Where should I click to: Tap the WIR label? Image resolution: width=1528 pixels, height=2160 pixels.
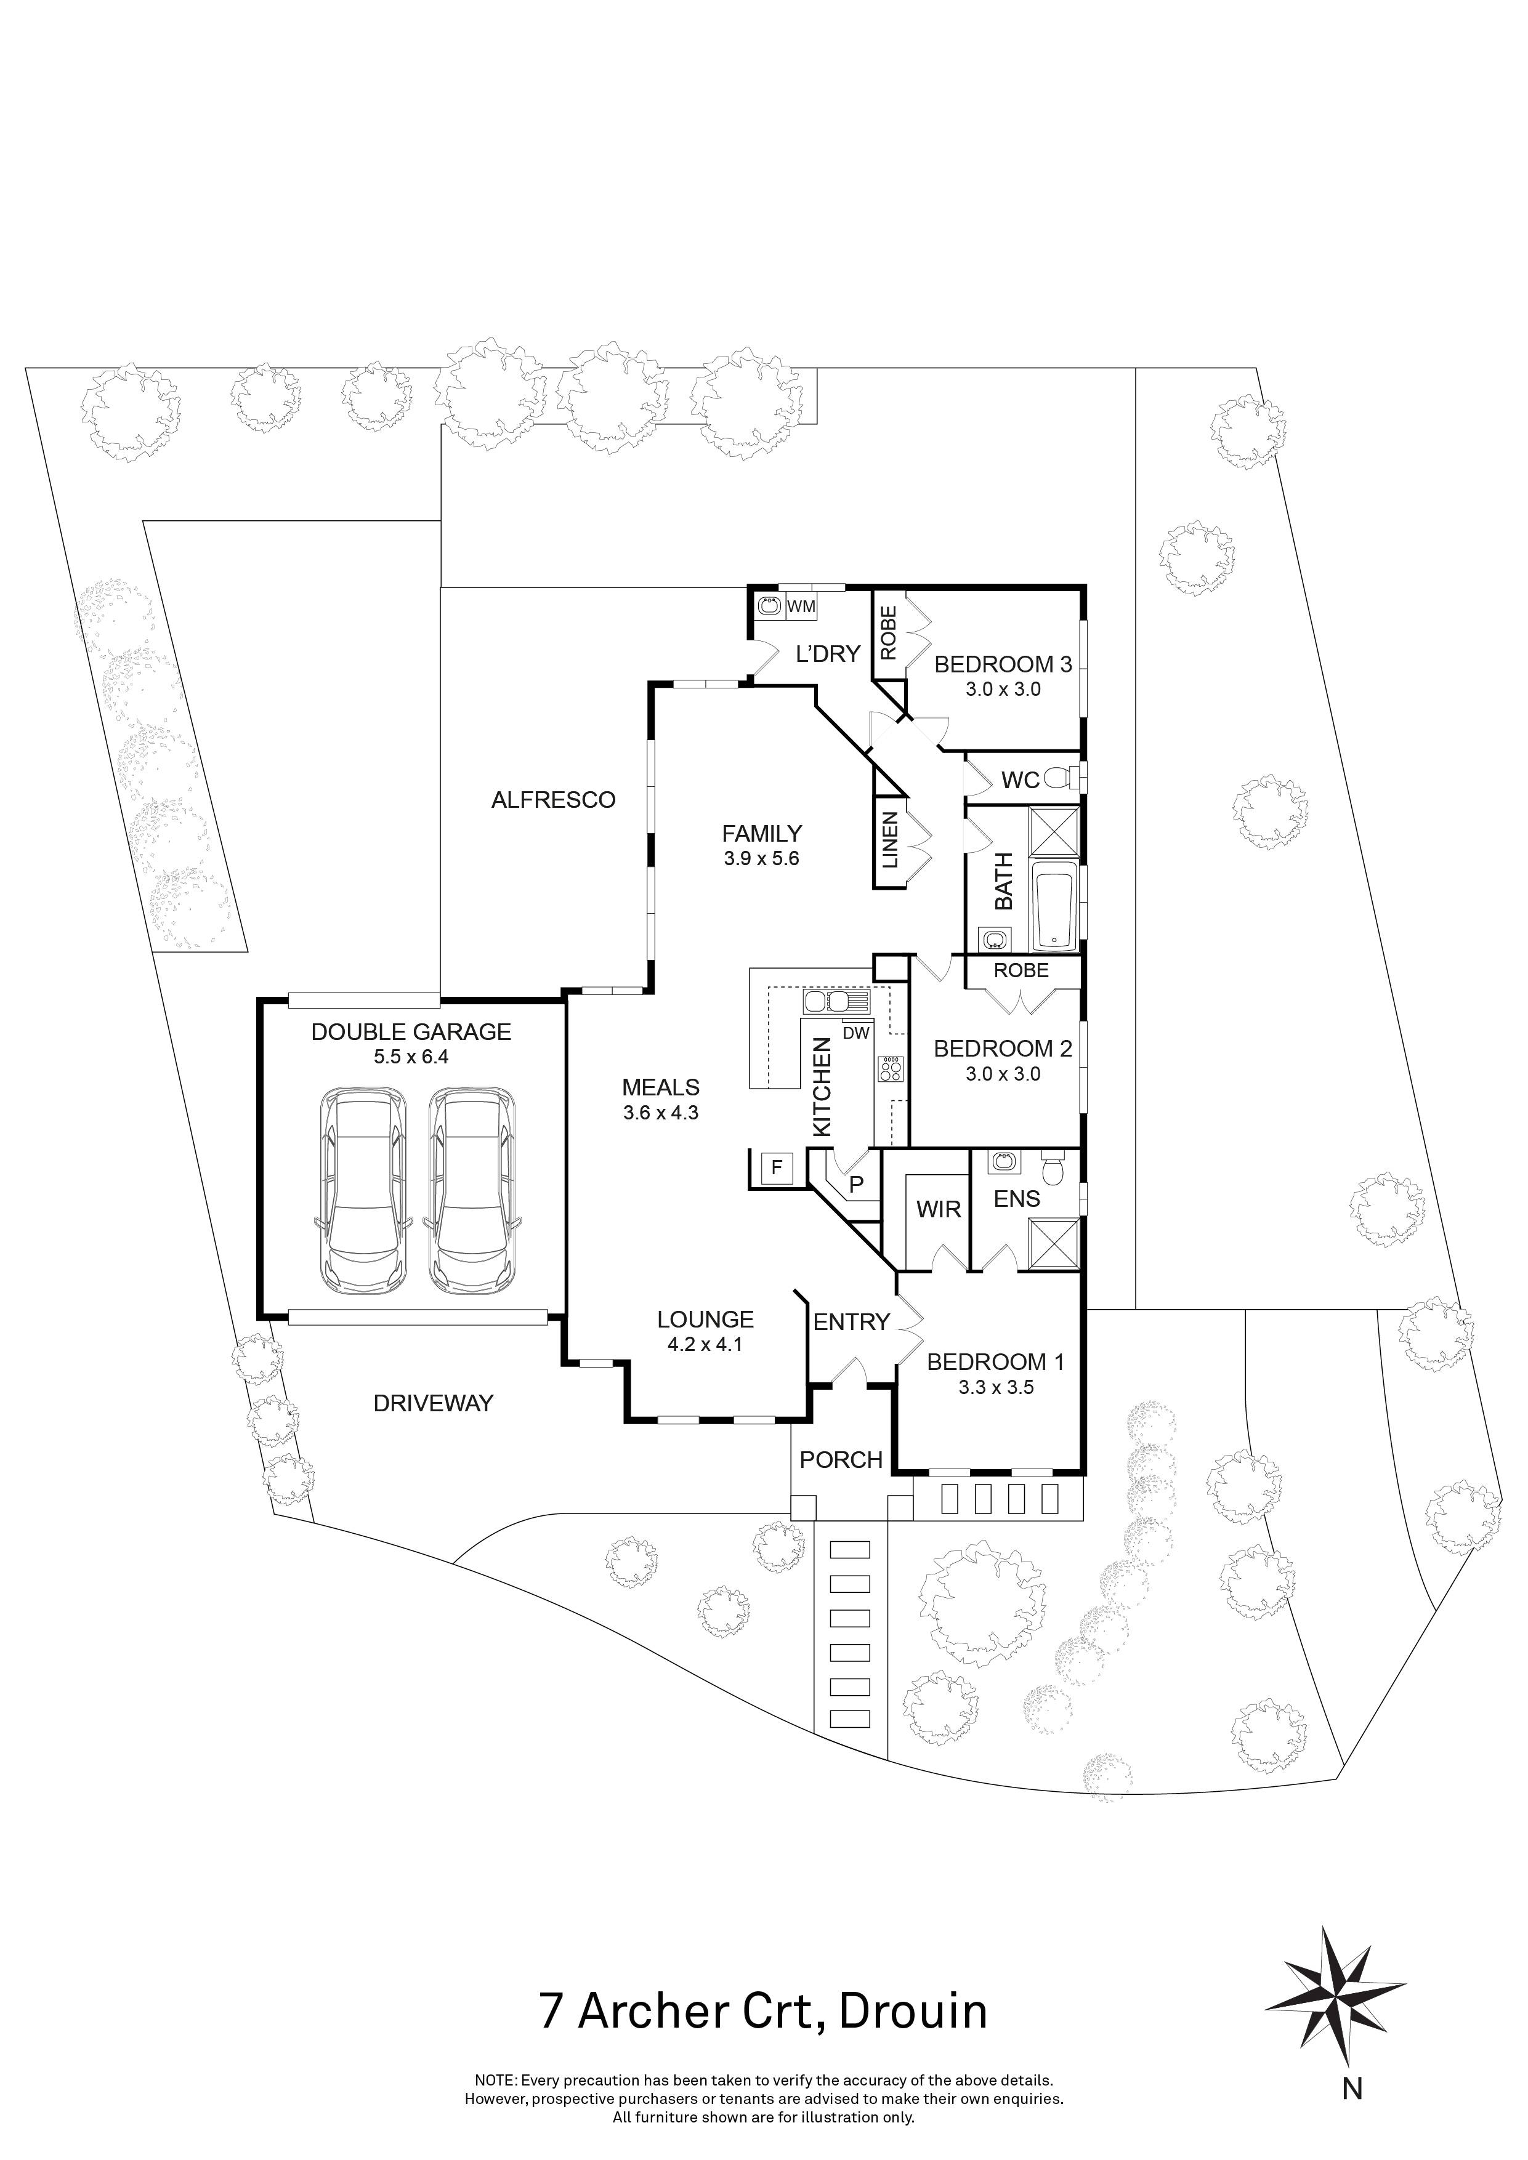(x=938, y=1209)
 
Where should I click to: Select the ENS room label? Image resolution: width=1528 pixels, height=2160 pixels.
(x=1016, y=1199)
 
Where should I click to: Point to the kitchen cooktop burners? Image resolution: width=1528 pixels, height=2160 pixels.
(x=890, y=1069)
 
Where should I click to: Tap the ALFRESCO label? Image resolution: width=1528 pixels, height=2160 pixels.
(x=553, y=800)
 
